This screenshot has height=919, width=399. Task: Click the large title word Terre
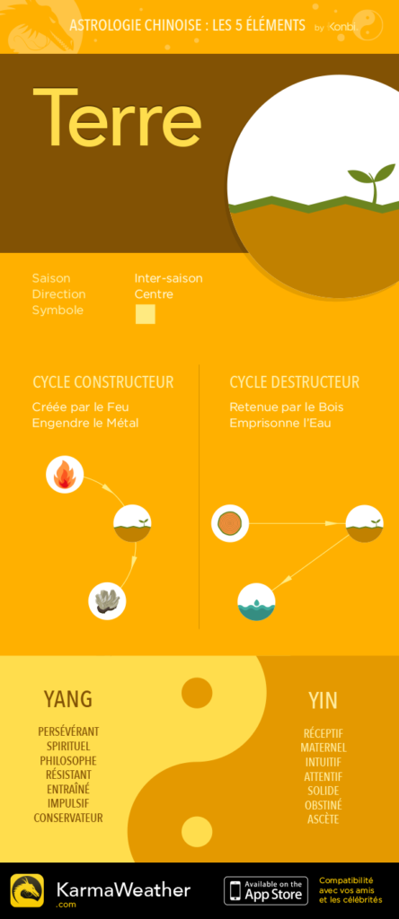pos(118,118)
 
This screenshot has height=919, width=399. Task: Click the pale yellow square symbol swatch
pos(146,314)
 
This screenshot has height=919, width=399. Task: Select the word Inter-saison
pos(168,278)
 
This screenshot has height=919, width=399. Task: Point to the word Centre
pos(154,294)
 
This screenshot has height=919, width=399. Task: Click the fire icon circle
pos(65,474)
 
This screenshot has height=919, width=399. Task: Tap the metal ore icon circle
pos(107,600)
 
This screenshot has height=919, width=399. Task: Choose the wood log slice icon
pos(230,523)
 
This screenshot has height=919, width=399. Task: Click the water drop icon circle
pos(256,602)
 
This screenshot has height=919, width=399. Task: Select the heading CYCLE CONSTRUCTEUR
pos(103,382)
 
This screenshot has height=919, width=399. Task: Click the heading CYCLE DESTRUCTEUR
pos(295,382)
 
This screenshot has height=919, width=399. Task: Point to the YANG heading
pos(68,698)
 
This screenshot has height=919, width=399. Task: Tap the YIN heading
pos(324,700)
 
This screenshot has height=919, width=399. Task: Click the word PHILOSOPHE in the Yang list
pos(68,761)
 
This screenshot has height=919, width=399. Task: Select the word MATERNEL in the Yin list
pos(324,748)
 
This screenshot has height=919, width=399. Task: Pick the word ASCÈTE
pos(324,819)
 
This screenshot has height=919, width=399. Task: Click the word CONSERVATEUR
pos(68,818)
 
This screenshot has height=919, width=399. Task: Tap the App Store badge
pos(266,890)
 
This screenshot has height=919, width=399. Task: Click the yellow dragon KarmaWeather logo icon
pos(27,891)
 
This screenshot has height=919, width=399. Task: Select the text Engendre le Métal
pos(85,423)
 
